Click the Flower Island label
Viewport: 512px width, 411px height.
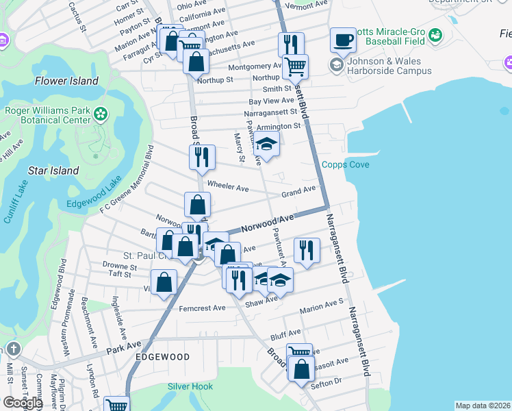pos(67,81)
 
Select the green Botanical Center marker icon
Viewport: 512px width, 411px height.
pos(101,113)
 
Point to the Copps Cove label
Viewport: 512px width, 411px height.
pos(346,165)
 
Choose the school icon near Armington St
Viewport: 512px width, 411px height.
pos(266,144)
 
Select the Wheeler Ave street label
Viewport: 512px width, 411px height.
pos(228,187)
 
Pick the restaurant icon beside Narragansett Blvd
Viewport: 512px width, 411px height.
pos(307,250)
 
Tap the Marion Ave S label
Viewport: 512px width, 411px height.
pos(321,304)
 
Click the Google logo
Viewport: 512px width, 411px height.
pos(23,403)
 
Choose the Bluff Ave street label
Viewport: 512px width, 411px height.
pos(285,337)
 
